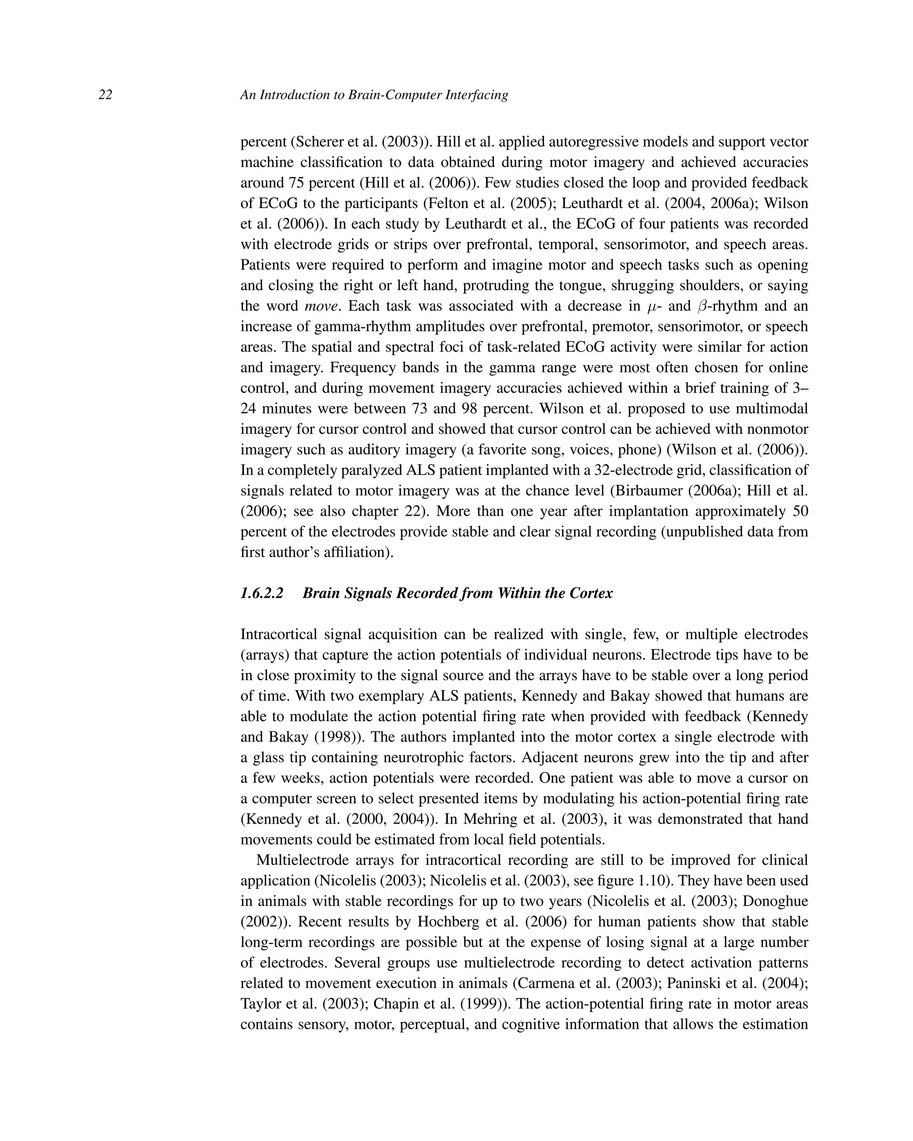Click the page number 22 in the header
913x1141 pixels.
click(x=105, y=95)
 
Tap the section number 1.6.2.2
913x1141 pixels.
click(x=262, y=593)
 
